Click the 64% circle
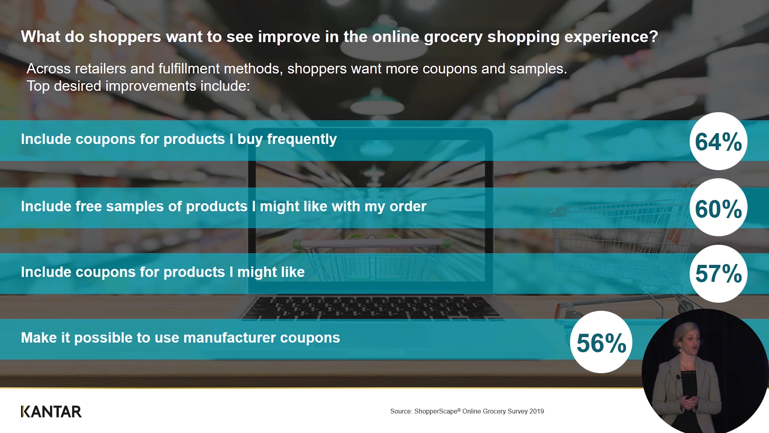[718, 141]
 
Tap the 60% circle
[718, 208]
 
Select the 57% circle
[718, 274]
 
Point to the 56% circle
[601, 342]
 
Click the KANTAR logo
[51, 412]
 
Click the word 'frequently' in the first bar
[302, 140]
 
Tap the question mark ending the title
[654, 36]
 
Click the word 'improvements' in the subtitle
[151, 86]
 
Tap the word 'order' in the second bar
[408, 207]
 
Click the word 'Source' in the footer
[401, 411]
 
